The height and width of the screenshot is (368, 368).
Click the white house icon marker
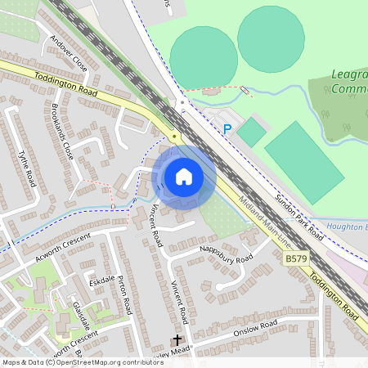184,177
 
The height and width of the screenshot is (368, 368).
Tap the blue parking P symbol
227,128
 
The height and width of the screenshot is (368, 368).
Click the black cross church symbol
176,339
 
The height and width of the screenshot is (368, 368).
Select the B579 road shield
297,258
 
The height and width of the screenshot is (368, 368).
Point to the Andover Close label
67,52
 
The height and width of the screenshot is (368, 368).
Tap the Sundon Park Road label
299,218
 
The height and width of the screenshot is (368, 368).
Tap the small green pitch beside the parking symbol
252,132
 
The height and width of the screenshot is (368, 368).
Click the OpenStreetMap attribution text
82,361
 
